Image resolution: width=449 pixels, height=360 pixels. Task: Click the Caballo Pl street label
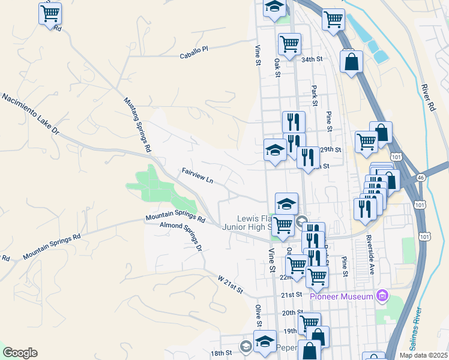193,53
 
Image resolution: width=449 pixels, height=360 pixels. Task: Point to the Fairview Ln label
197,176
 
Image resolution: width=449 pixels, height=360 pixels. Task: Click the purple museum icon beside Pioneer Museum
382,295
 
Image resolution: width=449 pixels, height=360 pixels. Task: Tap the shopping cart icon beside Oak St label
289,43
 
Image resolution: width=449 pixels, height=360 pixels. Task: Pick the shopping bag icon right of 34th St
351,61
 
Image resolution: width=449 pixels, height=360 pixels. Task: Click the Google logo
20,353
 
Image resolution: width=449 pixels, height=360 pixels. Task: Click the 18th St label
220,353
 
